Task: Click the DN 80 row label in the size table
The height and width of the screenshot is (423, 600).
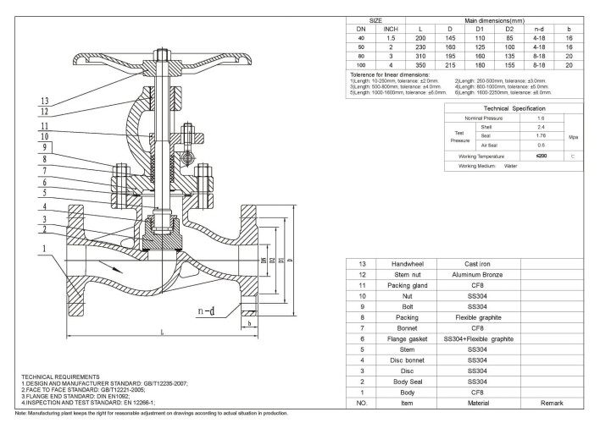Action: click(363, 53)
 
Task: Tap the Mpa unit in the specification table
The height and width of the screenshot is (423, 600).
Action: click(572, 136)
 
